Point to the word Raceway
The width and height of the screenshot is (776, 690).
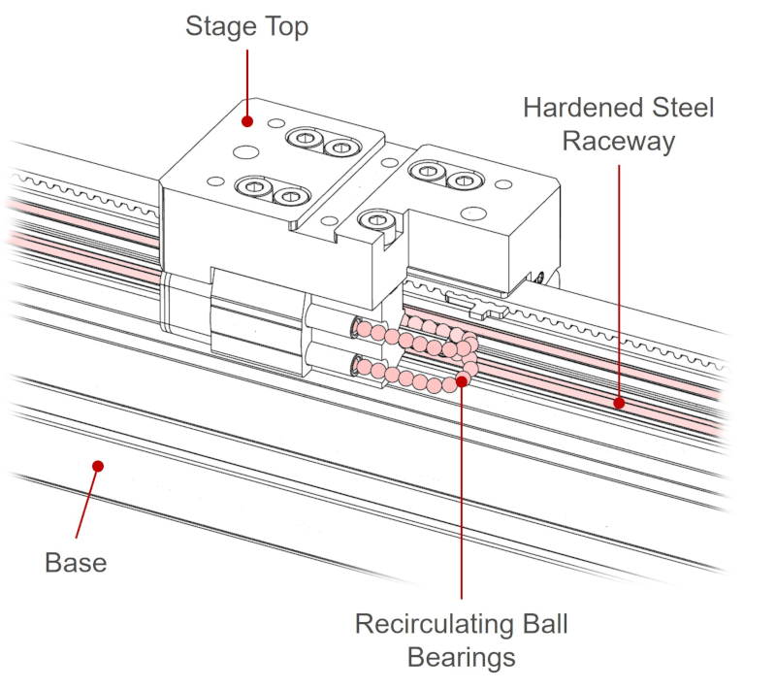619,142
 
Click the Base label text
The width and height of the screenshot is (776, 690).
76,562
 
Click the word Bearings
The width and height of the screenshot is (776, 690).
461,657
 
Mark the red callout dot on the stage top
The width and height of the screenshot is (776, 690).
247,122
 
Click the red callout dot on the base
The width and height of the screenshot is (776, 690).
98,466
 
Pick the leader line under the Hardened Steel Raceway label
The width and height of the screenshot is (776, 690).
619,281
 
